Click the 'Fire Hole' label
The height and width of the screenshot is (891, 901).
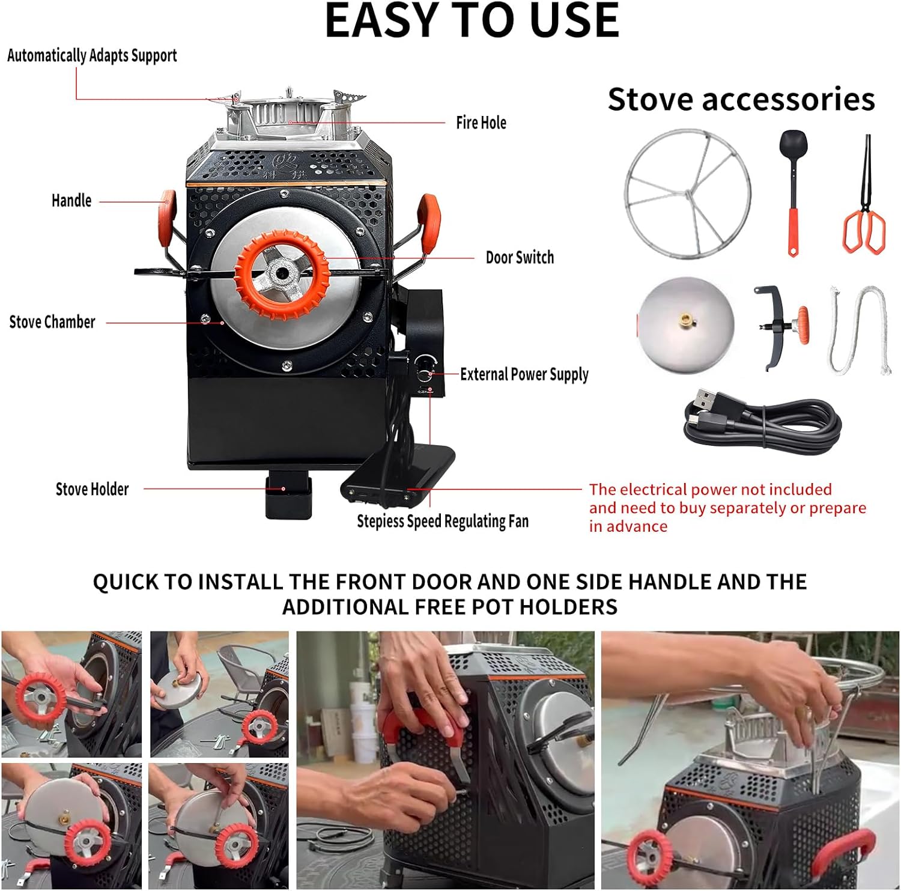click(x=481, y=123)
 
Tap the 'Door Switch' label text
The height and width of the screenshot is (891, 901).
click(x=520, y=258)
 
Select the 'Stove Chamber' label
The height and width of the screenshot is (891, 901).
click(x=52, y=322)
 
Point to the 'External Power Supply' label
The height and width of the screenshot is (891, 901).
click(x=524, y=374)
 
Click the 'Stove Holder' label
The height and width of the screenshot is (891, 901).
click(x=92, y=489)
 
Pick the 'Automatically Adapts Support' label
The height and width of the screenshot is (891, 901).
click(x=92, y=55)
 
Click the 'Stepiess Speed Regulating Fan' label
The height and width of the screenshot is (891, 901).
click(x=443, y=521)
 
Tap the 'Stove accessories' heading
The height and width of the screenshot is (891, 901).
click(x=741, y=99)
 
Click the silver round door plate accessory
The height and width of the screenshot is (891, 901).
click(x=686, y=325)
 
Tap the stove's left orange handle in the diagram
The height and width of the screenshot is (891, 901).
click(x=168, y=217)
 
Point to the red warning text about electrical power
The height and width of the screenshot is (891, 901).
click(x=727, y=508)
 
